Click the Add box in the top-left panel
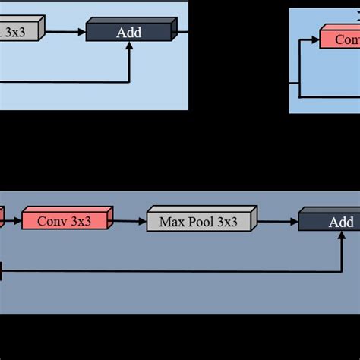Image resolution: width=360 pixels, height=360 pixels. (129, 32)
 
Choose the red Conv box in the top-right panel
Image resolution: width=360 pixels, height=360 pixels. (339, 38)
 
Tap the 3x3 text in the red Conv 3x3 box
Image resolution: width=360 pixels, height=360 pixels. (83, 222)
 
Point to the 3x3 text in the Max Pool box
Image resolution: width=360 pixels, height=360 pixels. (226, 223)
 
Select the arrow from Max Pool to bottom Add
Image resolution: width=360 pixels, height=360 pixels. (278, 222)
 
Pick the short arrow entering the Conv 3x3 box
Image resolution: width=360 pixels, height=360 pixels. (14, 222)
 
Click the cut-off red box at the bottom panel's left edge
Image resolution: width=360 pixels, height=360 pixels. (2, 219)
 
